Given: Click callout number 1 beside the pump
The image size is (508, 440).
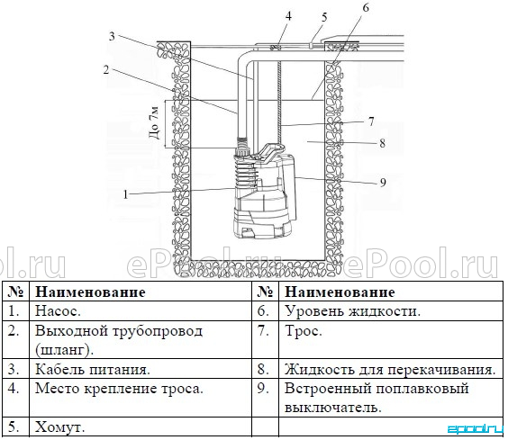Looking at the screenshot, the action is (x=126, y=194).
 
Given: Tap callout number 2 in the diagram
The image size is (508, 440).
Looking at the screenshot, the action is (x=106, y=69).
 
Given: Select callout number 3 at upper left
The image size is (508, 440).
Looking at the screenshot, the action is (x=112, y=36).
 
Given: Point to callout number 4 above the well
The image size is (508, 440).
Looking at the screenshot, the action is (x=288, y=16).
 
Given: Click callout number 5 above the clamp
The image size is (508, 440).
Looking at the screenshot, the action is (x=324, y=17).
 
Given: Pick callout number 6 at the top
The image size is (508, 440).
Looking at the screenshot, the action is (x=366, y=7).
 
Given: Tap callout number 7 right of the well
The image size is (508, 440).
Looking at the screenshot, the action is (x=371, y=121).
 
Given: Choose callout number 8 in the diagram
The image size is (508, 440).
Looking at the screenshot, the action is (x=383, y=143).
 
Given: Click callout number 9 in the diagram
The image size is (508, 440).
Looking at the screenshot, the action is (x=384, y=183).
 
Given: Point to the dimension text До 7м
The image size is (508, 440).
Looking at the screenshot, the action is (x=155, y=122).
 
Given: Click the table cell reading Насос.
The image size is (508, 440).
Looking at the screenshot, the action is (x=58, y=311).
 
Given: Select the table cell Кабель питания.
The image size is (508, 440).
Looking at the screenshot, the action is (x=93, y=369).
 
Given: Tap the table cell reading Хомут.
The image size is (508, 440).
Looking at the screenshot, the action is (x=59, y=427).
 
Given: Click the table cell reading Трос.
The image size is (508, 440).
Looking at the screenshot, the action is (x=304, y=331).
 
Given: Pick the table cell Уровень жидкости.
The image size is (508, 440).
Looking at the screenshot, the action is (x=352, y=311).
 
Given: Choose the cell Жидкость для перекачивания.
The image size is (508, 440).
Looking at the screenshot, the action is (x=390, y=370).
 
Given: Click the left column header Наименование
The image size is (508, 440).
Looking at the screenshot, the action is (x=90, y=292).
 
